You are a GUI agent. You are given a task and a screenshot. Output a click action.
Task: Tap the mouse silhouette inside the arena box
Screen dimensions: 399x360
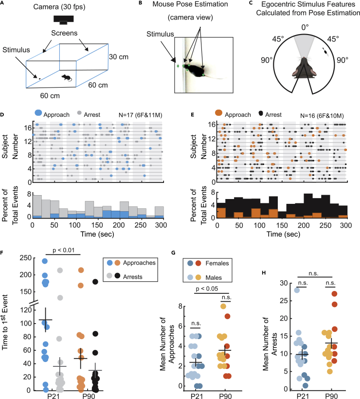tap(67, 77)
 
